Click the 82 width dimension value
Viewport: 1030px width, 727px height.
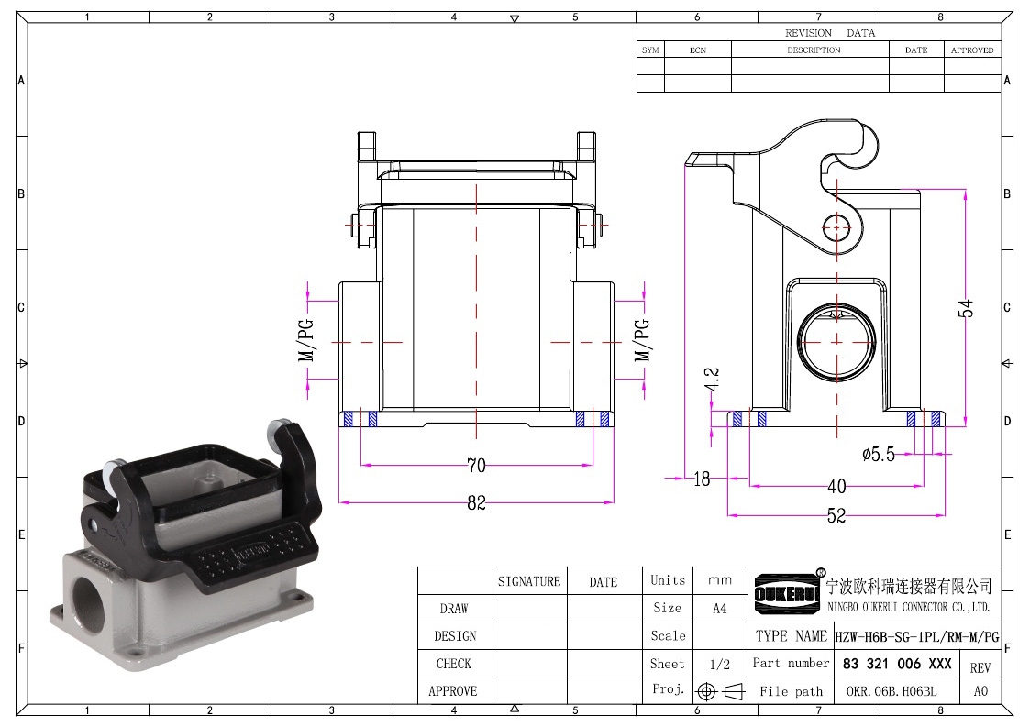tap(476, 503)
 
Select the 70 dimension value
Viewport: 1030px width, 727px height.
tap(476, 466)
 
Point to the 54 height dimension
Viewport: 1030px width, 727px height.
tap(965, 308)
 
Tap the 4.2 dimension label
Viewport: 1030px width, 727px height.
tap(712, 380)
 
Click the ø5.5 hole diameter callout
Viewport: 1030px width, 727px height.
tap(879, 455)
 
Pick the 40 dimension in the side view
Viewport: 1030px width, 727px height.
tap(836, 487)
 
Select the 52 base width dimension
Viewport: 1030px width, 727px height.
tap(836, 515)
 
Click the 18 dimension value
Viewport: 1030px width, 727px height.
tap(702, 479)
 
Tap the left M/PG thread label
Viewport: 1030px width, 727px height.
tap(306, 340)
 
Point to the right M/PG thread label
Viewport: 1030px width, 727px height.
tap(642, 340)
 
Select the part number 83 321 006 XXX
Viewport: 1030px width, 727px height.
tap(897, 664)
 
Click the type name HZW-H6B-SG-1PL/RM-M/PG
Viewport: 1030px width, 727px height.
tap(917, 636)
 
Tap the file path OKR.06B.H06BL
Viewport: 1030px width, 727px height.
tap(892, 691)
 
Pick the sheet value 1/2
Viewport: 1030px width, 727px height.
tap(719, 665)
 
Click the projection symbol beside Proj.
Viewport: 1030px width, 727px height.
tap(720, 691)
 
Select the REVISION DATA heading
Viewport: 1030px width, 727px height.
tap(830, 33)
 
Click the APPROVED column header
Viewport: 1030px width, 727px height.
tap(972, 50)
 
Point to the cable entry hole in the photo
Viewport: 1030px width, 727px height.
tap(86, 590)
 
